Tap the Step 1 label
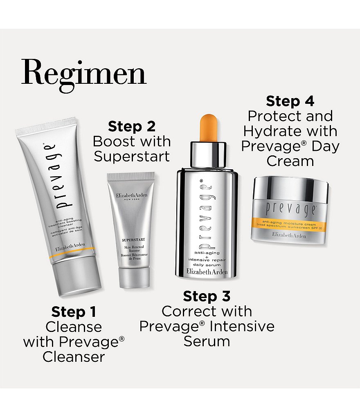coord(74,312)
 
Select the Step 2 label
coord(131,127)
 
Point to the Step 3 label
coord(207,296)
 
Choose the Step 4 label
coord(290,101)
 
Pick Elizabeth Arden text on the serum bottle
coord(206,271)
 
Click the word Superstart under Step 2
coord(131,157)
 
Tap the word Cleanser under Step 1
coord(74,357)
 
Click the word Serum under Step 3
coord(207,341)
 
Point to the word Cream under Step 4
coord(290,161)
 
